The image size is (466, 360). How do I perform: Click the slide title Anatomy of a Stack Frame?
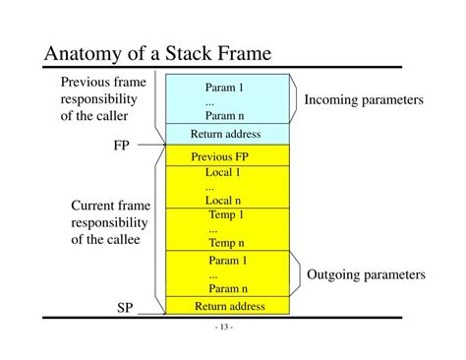tap(157, 53)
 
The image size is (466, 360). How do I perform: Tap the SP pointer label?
tap(125, 309)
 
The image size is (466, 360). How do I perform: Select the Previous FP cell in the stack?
tap(226, 156)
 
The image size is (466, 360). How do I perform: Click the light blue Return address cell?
tap(226, 133)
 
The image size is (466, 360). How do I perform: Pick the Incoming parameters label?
tap(364, 100)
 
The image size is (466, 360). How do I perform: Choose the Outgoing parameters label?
tap(366, 274)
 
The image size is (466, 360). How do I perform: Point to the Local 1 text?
tap(223, 172)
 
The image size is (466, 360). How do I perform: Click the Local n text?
tap(223, 200)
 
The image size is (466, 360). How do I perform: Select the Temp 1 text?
tap(226, 214)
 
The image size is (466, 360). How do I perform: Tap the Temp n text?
tap(226, 242)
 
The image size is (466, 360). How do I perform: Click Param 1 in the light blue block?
tap(224, 88)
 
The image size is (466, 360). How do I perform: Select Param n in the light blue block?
tap(224, 115)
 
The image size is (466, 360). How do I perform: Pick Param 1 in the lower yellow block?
tap(227, 261)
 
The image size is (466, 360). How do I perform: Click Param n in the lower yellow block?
tap(227, 288)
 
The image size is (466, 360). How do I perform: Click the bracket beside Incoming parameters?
tap(293, 99)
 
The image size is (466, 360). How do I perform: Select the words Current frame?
tap(108, 206)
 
